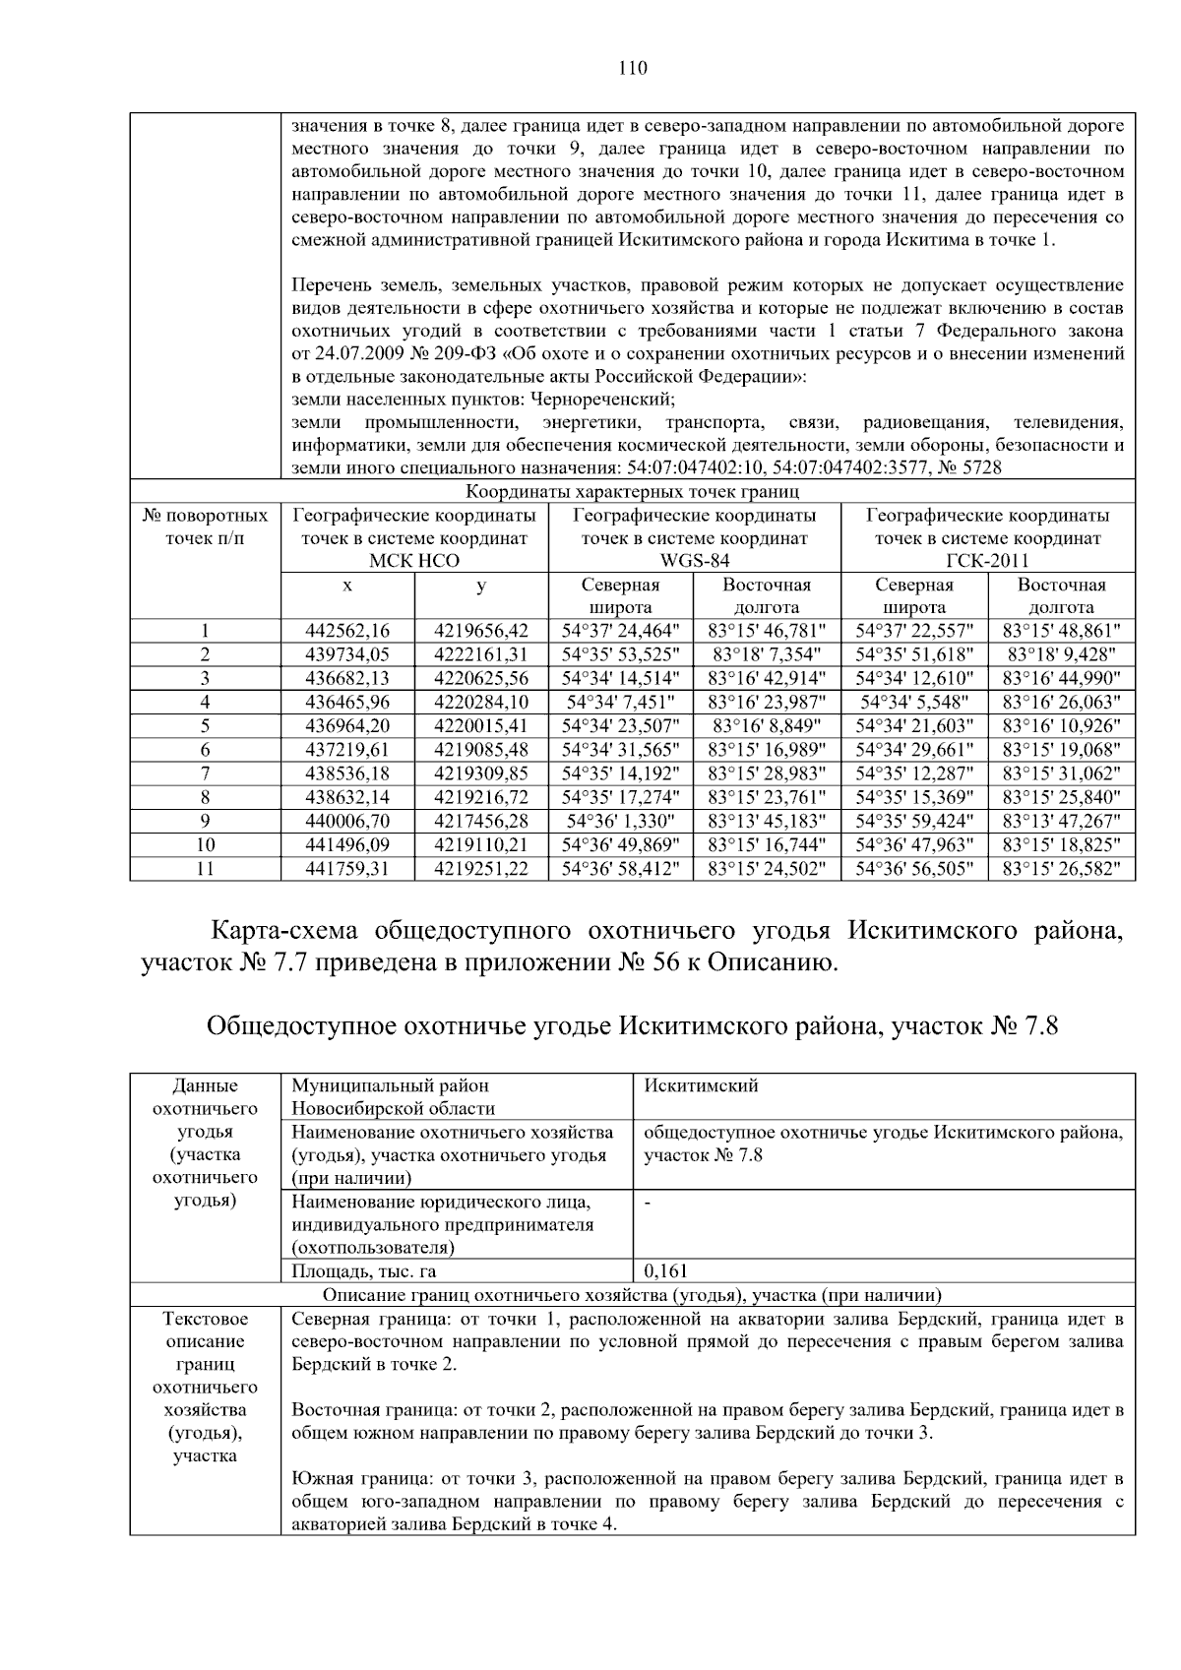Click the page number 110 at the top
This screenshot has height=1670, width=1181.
tap(633, 68)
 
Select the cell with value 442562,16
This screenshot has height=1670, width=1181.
tap(347, 631)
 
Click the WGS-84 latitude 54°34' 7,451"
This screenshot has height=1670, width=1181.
tap(620, 703)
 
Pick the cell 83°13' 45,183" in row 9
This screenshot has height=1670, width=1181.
tap(767, 822)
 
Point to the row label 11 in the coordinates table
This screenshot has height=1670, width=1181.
tap(205, 869)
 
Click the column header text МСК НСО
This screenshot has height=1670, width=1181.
tap(414, 561)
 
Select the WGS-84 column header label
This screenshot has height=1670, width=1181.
tap(694, 561)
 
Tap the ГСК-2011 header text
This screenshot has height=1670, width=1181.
tap(987, 561)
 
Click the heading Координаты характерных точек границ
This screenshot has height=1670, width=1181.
tap(632, 491)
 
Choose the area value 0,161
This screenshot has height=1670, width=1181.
tap(666, 1271)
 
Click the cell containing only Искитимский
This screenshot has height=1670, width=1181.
tap(701, 1085)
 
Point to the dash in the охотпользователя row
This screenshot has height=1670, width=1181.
tap(648, 1203)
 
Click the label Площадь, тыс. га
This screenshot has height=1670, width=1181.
tap(363, 1271)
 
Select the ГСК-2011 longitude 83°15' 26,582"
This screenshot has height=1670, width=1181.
tap(1061, 869)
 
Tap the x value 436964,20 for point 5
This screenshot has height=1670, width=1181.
tap(347, 726)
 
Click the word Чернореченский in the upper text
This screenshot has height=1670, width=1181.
tap(601, 400)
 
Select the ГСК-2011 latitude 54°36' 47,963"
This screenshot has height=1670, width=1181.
tap(914, 845)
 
